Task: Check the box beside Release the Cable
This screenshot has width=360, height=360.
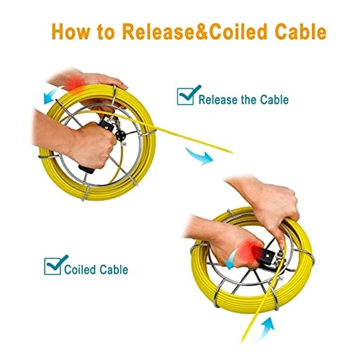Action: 186,97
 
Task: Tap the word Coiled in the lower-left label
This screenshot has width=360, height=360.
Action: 82,270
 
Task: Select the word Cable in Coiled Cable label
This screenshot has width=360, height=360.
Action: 115,270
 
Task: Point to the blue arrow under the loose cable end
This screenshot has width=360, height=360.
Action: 196,155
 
